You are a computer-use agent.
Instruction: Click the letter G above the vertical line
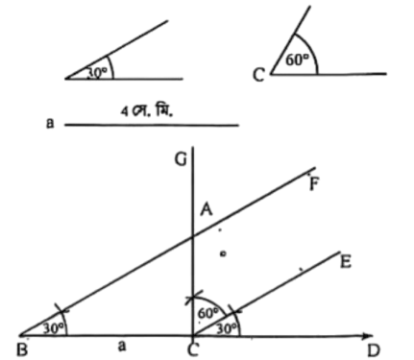coord(181,159)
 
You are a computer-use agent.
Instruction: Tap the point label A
coord(207,210)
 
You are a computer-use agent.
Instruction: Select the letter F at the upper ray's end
coord(315,184)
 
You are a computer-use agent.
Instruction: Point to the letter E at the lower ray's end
coord(346,262)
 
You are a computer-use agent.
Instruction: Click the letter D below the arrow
coord(373,350)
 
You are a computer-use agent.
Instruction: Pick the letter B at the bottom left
coord(22,349)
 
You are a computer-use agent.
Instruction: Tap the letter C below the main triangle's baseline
coord(193,349)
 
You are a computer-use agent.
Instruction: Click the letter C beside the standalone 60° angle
coord(258,75)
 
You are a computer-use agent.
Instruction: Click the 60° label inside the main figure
coord(208,313)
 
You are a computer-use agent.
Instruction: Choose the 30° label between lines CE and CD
coord(228,328)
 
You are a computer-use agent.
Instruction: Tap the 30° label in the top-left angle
coord(97,73)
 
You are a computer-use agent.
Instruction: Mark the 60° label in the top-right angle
coord(298,60)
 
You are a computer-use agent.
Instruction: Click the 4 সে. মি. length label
coord(147,111)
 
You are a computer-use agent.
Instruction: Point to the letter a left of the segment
coord(50,123)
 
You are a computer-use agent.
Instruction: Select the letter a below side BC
coord(121,346)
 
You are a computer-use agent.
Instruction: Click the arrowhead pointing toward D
coord(368,336)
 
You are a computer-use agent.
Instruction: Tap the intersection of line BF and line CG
coord(192,236)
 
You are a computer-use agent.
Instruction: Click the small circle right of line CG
coord(223,253)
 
